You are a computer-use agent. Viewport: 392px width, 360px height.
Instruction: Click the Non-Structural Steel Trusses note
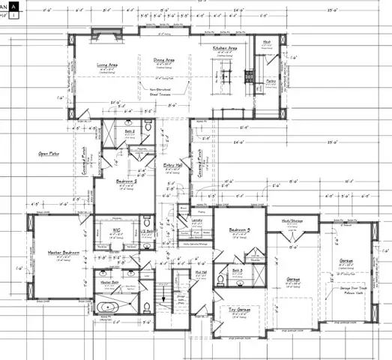coord(160,90)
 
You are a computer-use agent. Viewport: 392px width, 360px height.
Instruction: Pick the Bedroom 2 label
coord(126,181)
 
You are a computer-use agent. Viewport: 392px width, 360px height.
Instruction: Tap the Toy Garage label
coord(239,308)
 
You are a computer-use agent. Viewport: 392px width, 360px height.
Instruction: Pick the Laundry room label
coord(198,220)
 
